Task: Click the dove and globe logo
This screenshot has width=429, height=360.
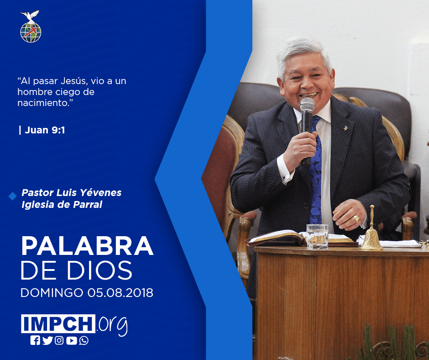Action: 31,26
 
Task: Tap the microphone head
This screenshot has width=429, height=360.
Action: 307,104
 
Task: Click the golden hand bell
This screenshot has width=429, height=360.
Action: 371,230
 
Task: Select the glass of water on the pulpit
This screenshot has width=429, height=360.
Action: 317,237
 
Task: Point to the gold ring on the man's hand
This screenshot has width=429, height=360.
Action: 356,219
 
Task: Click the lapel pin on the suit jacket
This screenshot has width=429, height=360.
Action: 345,127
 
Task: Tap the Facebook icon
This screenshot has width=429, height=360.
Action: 35,340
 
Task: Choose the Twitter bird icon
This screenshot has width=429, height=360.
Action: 47,340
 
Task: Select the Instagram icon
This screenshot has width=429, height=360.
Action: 59,340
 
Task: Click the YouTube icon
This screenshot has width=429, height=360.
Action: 71,340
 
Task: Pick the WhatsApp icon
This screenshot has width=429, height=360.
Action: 84,340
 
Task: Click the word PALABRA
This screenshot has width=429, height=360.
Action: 87,246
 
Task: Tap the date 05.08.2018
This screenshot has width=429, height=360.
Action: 120,293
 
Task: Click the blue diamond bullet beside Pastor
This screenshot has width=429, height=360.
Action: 13,196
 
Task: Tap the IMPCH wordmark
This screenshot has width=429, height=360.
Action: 58,323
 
